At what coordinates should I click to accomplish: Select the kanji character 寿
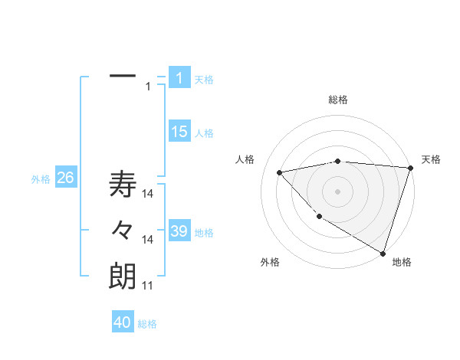coord(123,185)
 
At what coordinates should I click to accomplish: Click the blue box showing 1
coord(179,77)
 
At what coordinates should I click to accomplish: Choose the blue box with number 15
coord(179,132)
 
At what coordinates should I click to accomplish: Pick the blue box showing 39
coord(179,231)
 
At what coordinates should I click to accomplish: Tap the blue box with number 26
coord(65,178)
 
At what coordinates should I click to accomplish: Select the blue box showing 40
coord(123,322)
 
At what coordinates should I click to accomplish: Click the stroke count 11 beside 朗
coord(147,286)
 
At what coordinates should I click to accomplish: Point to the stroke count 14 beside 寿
coord(148,193)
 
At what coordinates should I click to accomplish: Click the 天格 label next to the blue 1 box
coord(204,79)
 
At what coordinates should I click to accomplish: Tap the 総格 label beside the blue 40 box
coord(147,324)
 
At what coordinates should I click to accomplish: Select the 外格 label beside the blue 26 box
coord(41,180)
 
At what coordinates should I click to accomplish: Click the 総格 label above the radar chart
coord(338,100)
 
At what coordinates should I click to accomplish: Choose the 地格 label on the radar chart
coord(402,262)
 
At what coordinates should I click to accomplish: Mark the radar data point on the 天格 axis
coord(411,168)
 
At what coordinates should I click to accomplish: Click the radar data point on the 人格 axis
coord(279,172)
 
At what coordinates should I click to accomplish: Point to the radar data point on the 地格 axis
coord(383,252)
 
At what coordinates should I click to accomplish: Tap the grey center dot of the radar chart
coord(338,191)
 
